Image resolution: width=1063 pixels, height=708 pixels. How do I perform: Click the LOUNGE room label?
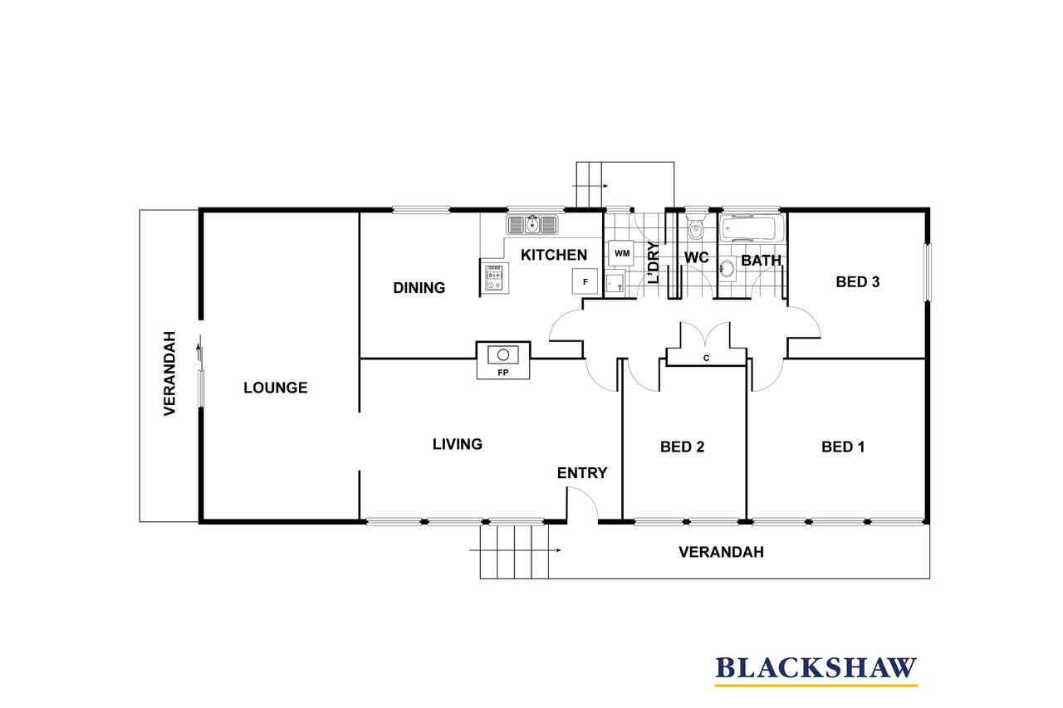pyautogui.click(x=275, y=388)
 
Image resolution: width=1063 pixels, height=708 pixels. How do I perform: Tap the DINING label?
pyautogui.click(x=419, y=287)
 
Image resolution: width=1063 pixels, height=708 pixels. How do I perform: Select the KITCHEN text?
pyautogui.click(x=554, y=255)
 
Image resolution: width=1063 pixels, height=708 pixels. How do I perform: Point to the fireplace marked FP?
pyautogui.click(x=503, y=360)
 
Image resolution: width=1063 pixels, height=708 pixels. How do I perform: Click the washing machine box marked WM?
pyautogui.click(x=622, y=253)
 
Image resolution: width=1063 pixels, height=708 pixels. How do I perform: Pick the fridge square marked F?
pyautogui.click(x=585, y=281)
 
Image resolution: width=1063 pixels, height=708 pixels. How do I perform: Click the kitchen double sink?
pyautogui.click(x=532, y=224)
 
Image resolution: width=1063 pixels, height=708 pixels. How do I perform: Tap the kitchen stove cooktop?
pyautogui.click(x=494, y=277)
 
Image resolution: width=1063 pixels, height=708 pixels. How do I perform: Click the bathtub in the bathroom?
pyautogui.click(x=752, y=228)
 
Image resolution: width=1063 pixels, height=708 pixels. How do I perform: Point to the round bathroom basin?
pyautogui.click(x=726, y=269)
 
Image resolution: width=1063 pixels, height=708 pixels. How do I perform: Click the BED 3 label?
pyautogui.click(x=858, y=281)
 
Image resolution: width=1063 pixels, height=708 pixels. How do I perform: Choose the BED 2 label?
pyautogui.click(x=682, y=447)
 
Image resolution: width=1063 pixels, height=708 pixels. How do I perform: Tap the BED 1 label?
pyautogui.click(x=843, y=447)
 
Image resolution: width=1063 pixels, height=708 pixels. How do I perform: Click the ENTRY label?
pyautogui.click(x=582, y=473)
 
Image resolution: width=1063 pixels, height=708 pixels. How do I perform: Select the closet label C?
pyautogui.click(x=706, y=358)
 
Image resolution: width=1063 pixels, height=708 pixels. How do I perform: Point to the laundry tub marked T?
pyautogui.click(x=615, y=282)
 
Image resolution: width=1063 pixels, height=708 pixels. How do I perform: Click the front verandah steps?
pyautogui.click(x=514, y=551)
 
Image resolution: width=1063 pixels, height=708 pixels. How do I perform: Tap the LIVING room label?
pyautogui.click(x=458, y=444)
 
